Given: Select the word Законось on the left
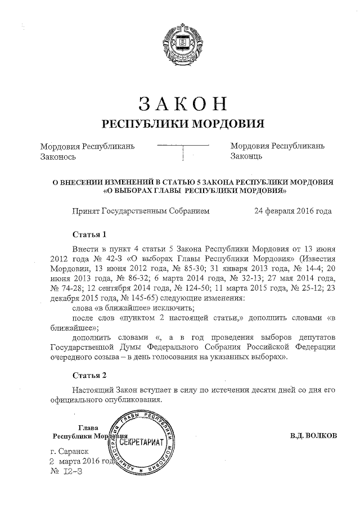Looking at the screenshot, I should (58, 157).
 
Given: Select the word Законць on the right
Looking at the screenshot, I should (247, 157).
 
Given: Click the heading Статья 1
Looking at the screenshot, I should (89, 234).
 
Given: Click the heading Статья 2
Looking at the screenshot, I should (89, 375).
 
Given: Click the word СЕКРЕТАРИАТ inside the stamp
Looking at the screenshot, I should (142, 442).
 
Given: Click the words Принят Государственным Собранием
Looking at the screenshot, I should (141, 211).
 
